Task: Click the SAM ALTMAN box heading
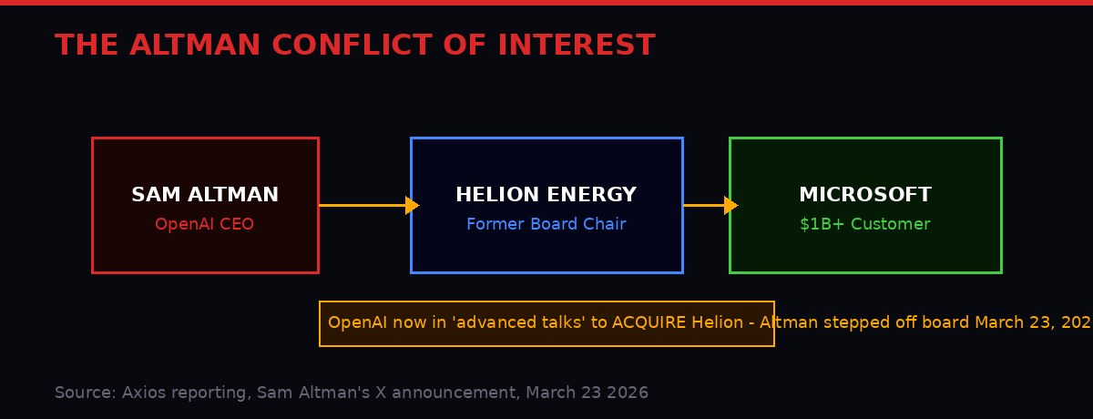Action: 205,195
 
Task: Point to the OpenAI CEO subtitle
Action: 205,224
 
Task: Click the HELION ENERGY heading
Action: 546,195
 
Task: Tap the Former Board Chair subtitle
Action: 546,224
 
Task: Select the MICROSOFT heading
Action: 864,195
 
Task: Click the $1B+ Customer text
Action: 864,224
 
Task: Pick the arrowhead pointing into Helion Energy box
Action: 412,206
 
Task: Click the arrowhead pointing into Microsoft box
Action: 730,206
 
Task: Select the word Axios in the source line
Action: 142,393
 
